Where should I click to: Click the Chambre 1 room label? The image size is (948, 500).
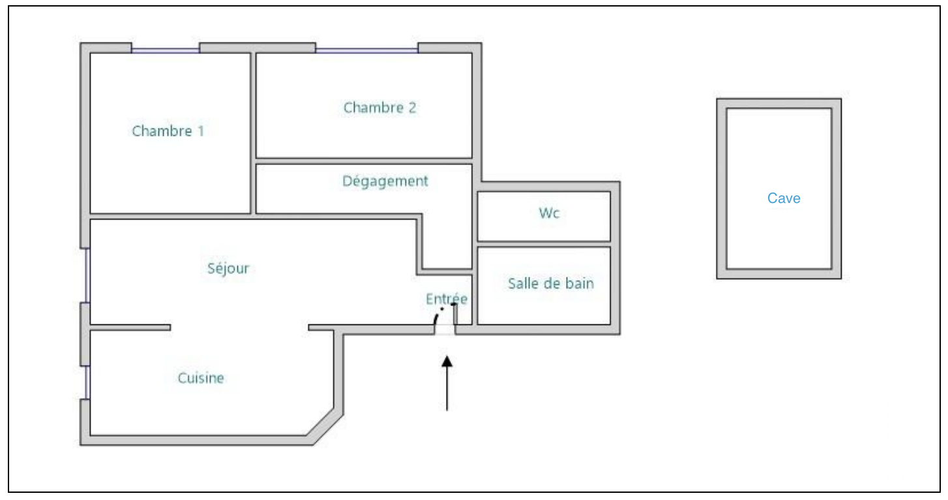168,131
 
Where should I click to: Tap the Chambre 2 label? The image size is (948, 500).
379,108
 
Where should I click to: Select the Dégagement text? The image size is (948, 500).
385,181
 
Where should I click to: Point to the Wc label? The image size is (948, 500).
549,213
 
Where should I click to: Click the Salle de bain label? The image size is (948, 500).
550,283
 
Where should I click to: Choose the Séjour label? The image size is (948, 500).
228,268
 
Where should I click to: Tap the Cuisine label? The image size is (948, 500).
201,378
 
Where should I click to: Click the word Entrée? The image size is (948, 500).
447,299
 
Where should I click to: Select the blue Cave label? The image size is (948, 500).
784,198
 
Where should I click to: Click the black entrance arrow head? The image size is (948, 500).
447,361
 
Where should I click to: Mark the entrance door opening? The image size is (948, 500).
445,330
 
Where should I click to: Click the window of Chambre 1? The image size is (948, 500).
166,50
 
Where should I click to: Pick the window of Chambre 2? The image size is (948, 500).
367,50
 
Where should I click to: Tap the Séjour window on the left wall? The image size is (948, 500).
87,275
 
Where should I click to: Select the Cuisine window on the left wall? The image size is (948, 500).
87,383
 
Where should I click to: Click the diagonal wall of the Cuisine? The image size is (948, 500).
325,427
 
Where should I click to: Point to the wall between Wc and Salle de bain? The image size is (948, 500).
544,245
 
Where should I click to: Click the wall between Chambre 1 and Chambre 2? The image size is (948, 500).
253,133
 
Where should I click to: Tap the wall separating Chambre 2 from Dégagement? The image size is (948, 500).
364,161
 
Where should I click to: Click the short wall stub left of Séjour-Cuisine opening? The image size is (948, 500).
130,328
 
